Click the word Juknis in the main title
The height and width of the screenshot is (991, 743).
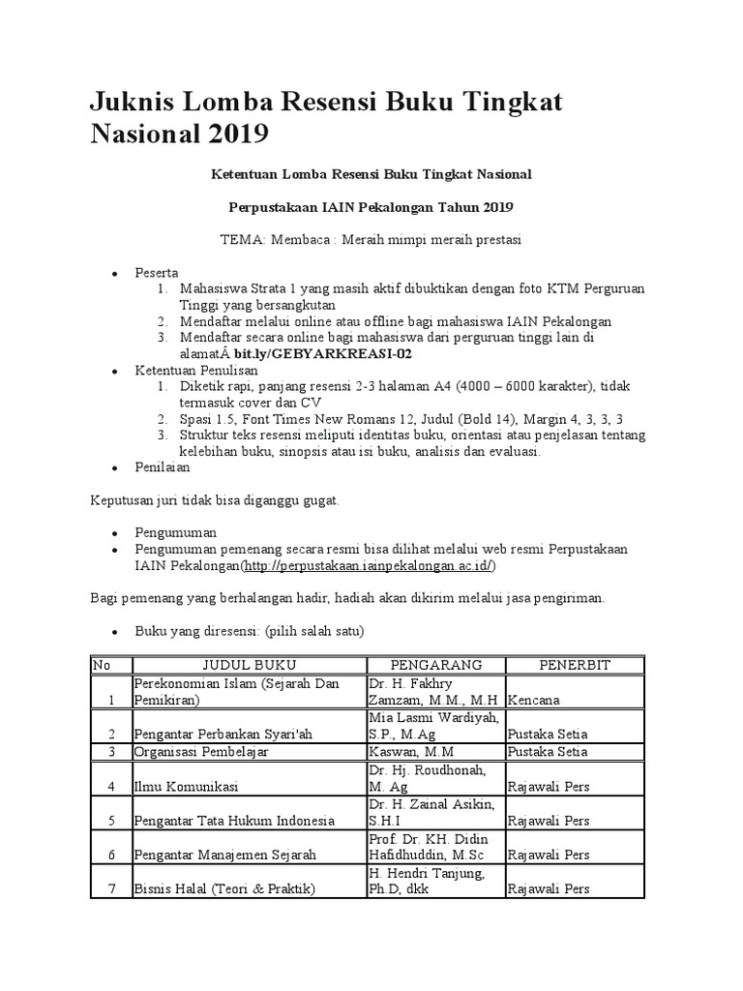136,102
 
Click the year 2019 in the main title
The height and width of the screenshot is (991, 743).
236,134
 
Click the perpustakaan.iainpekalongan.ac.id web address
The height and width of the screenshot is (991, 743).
369,566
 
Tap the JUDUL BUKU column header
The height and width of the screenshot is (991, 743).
249,665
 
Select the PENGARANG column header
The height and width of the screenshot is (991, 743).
435,665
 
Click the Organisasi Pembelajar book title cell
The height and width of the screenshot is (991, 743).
201,751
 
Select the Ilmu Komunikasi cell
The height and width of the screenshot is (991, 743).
186,786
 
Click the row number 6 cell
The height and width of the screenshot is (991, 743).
111,855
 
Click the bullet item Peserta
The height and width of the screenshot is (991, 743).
157,273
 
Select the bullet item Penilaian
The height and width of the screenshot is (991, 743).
163,467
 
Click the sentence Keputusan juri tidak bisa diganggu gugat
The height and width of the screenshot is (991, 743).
215,500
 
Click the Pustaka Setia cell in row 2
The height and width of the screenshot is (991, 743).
548,733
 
